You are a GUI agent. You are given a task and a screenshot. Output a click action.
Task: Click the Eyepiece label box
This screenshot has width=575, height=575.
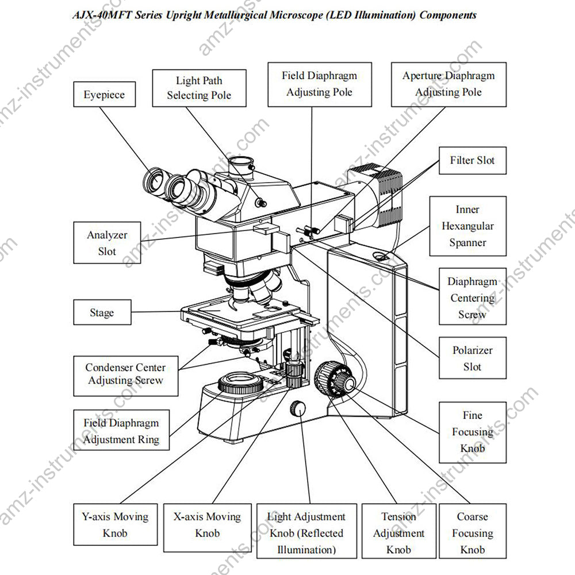click(x=104, y=94)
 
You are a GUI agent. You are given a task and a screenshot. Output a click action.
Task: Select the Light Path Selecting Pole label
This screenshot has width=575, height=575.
click(x=199, y=88)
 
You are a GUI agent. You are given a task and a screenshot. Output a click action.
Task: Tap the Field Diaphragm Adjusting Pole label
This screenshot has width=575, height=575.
click(x=319, y=84)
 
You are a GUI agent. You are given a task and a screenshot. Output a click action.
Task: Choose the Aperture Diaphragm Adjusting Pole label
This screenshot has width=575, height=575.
click(x=448, y=84)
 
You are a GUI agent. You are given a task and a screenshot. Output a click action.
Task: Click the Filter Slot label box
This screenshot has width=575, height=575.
click(x=472, y=160)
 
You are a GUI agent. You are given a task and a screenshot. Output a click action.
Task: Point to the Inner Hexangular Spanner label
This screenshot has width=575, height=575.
click(x=467, y=226)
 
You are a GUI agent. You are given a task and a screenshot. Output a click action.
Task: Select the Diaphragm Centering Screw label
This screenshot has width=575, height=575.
click(x=472, y=298)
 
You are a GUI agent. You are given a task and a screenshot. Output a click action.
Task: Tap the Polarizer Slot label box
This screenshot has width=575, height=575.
click(x=472, y=358)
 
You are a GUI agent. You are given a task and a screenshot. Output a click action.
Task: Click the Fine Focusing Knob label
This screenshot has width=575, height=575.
click(x=472, y=432)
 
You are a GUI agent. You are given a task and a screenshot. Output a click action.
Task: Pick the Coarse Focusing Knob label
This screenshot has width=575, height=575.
click(x=472, y=533)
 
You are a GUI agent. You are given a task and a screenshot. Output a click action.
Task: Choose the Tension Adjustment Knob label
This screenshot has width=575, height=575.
click(x=398, y=533)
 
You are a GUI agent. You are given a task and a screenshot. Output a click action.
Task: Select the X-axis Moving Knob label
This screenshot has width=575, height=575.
click(x=208, y=525)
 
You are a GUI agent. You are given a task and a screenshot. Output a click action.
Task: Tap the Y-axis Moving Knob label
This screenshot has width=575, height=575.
click(x=115, y=525)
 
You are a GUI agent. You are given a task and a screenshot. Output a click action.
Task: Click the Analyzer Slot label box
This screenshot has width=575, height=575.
click(x=107, y=243)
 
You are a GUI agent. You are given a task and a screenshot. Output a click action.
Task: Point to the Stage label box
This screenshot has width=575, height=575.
click(x=102, y=313)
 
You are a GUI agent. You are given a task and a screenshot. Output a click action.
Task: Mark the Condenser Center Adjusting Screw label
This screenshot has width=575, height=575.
click(x=125, y=374)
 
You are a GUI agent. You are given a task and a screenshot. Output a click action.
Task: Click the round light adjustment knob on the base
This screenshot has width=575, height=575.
click(x=298, y=408)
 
